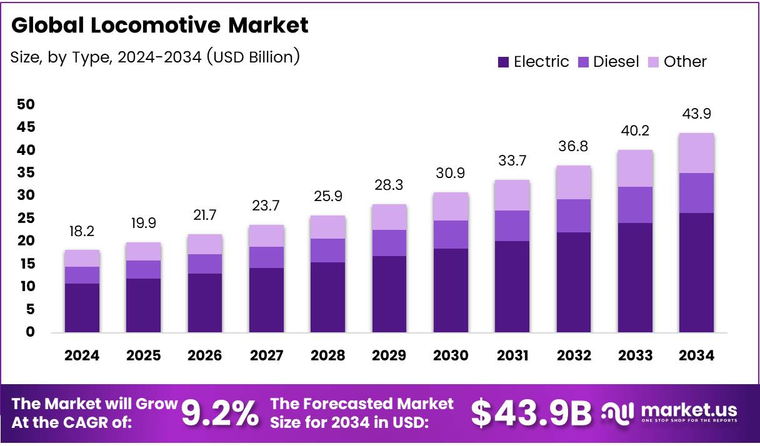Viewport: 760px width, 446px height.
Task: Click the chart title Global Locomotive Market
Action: point(160,26)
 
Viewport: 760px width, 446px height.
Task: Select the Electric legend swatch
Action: point(503,62)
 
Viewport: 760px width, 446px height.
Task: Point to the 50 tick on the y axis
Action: point(26,104)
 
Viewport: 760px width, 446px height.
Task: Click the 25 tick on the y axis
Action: point(26,219)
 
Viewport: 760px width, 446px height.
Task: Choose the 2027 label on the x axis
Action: point(266,355)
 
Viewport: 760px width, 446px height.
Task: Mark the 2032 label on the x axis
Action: point(574,355)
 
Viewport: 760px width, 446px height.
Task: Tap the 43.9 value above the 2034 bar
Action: point(696,114)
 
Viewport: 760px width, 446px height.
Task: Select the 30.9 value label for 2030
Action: point(451,173)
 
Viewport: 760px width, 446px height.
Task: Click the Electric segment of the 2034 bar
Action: point(696,272)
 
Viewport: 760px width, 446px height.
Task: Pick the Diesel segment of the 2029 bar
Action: point(389,243)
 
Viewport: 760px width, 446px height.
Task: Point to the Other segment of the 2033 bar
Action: point(635,169)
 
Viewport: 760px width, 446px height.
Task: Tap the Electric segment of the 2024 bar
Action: point(82,308)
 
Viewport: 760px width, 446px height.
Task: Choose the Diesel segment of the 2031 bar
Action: point(512,226)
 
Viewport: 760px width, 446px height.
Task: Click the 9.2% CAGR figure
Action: point(220,414)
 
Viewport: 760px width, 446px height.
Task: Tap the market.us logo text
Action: point(687,410)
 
